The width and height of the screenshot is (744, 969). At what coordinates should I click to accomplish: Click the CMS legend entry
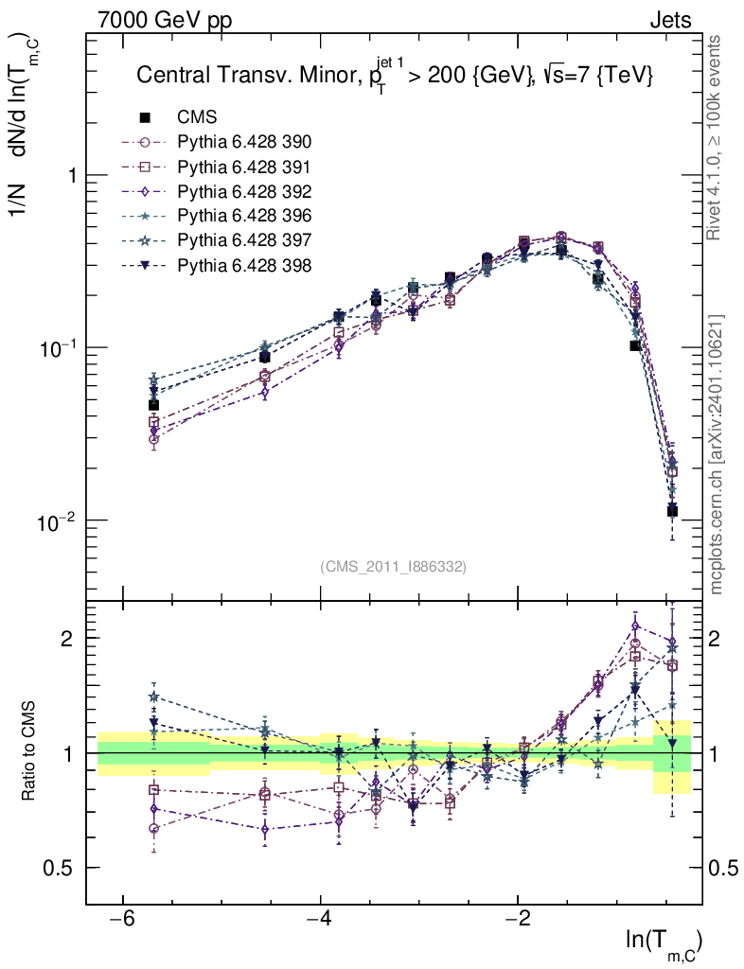click(197, 117)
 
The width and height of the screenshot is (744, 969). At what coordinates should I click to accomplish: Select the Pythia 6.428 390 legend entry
click(244, 142)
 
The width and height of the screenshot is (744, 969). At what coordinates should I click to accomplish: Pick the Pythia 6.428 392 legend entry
click(244, 191)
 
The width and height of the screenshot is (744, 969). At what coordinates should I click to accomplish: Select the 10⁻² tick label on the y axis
click(57, 520)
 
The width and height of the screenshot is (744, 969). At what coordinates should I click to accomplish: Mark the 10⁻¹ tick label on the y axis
click(57, 348)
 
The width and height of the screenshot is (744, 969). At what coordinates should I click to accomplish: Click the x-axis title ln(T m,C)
click(664, 941)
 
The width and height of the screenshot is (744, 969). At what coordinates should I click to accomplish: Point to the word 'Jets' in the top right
click(670, 19)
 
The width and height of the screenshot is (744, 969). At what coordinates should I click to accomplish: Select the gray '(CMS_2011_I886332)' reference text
click(394, 566)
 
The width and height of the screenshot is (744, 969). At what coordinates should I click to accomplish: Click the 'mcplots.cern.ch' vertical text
click(717, 454)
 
